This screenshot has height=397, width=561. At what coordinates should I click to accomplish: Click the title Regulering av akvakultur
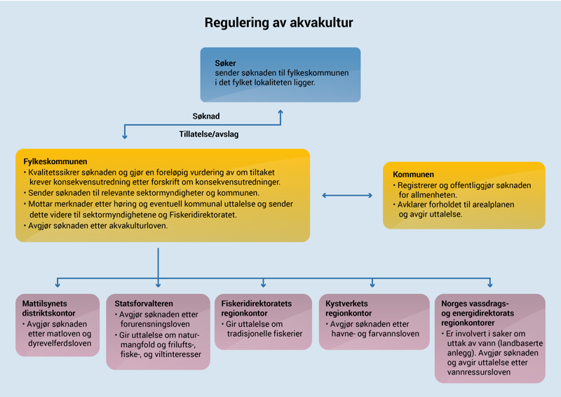(278, 23)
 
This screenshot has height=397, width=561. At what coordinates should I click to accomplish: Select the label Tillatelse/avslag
(209, 133)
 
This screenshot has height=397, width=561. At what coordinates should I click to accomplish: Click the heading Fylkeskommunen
(55, 161)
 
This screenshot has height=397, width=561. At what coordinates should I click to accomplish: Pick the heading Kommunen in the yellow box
(414, 174)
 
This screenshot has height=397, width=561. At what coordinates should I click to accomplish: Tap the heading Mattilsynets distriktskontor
(48, 308)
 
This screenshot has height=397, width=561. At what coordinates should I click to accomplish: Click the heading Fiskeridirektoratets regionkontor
(256, 308)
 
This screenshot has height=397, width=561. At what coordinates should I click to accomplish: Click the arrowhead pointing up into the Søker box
(280, 110)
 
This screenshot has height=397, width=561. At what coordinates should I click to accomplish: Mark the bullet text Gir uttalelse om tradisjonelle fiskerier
(264, 329)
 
